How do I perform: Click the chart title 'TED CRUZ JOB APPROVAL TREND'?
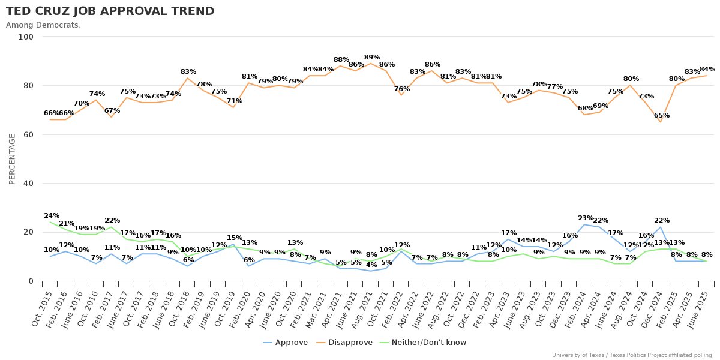[x=110, y=11]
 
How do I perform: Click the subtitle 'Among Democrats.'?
[x=43, y=25]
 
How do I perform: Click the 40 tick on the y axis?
[x=28, y=183]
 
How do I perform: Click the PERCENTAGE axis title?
[x=12, y=159]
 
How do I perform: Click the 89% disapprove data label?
[x=372, y=58]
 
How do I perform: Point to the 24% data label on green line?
[x=52, y=216]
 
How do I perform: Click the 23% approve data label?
[x=586, y=218]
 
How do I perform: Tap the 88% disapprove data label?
[x=341, y=60]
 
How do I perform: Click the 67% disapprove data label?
[x=112, y=110]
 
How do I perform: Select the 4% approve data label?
[x=371, y=265]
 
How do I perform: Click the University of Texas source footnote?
[x=632, y=355]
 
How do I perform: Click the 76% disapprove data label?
[x=402, y=89]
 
